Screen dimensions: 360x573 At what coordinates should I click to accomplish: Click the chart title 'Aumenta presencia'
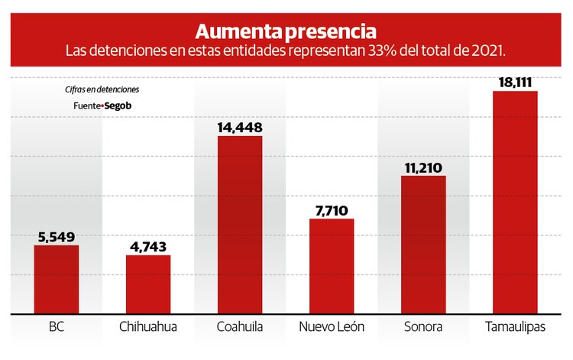point(286,31)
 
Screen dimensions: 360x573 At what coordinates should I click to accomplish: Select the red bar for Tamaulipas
point(515,202)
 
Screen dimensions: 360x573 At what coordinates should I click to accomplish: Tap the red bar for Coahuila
point(240,225)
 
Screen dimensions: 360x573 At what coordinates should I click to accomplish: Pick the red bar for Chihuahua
point(148,284)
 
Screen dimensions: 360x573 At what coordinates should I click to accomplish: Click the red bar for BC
point(57,279)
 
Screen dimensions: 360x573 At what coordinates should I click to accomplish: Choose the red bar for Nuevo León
point(332,266)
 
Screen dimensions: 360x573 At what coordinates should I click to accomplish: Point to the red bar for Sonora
point(423,245)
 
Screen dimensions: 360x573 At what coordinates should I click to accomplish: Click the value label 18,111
point(515,81)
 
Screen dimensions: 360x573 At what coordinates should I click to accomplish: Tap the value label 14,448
point(240,126)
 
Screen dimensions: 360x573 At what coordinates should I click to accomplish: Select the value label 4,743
point(148,246)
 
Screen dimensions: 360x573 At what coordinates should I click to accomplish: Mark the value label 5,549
point(57,236)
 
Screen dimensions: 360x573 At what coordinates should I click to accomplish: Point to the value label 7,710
point(332,209)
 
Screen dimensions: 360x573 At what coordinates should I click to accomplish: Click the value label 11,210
point(423,167)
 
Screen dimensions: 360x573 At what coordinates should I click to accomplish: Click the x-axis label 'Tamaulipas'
point(515,327)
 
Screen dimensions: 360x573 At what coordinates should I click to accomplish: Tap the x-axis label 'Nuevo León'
point(332,327)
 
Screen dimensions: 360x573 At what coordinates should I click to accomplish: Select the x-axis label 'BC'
point(57,327)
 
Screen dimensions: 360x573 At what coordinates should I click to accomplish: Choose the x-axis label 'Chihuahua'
point(148,327)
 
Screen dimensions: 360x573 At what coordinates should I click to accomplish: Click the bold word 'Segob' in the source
point(118,105)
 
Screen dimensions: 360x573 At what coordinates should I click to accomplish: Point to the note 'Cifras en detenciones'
point(102,89)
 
